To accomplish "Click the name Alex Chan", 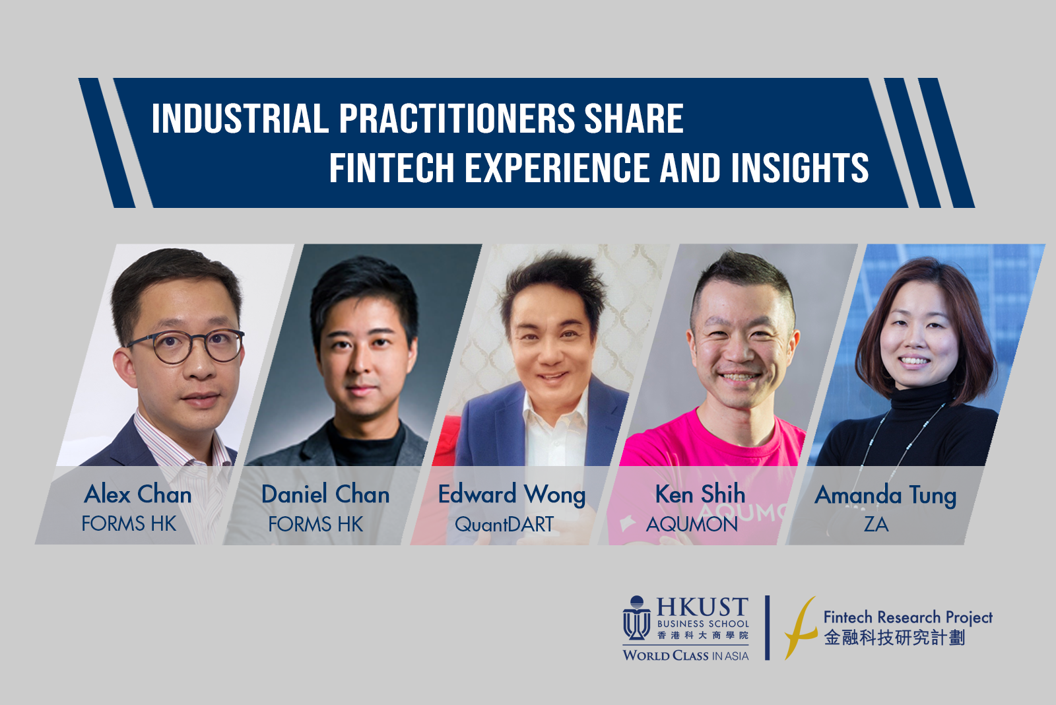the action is coord(138,494).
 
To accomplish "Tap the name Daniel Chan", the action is coord(325,494).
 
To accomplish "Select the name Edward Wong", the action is coord(512,495).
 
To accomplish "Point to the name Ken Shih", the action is coord(700,494).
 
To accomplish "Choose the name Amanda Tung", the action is coord(885,496).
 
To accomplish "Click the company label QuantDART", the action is coord(504,524).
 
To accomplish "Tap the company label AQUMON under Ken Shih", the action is coord(692,524).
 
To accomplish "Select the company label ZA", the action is coord(876,524).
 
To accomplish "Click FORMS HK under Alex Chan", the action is coord(129,523).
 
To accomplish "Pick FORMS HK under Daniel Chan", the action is coord(315,524).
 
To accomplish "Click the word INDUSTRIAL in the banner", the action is coord(240,118).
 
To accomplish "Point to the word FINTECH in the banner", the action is coord(391,168).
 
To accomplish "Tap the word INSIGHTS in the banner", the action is coord(800,168).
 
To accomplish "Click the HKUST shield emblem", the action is coord(637,618).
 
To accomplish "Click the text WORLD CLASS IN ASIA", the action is coord(686,655).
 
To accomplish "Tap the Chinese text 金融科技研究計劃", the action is coord(894,638).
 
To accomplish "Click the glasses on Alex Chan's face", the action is coord(185,346).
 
